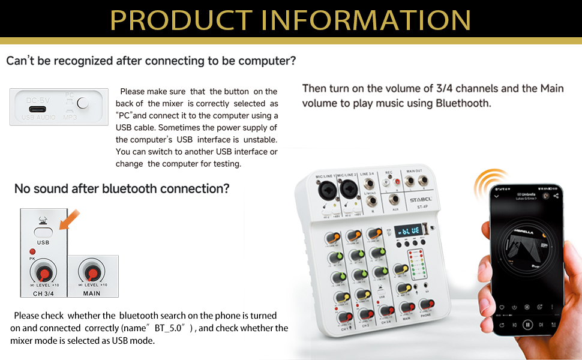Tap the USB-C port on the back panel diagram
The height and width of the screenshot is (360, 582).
(38, 106)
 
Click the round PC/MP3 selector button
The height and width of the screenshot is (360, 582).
(83, 103)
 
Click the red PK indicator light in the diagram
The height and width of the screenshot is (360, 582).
(32, 250)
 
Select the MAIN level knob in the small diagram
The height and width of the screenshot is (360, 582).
(92, 271)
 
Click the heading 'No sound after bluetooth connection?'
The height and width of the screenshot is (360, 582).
(122, 189)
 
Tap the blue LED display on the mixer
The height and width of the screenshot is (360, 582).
(410, 231)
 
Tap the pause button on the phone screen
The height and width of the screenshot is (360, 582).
(527, 325)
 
